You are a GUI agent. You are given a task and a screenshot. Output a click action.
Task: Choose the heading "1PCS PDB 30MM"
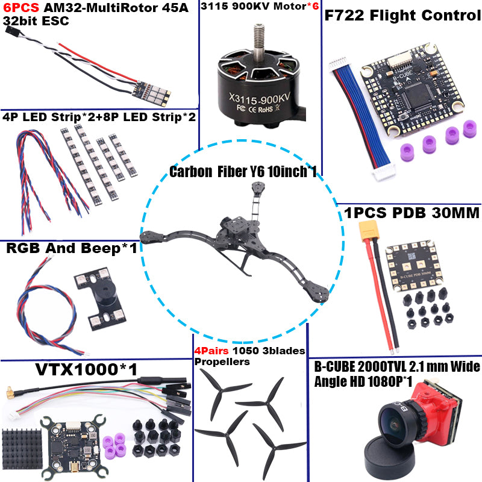(x=412, y=213)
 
